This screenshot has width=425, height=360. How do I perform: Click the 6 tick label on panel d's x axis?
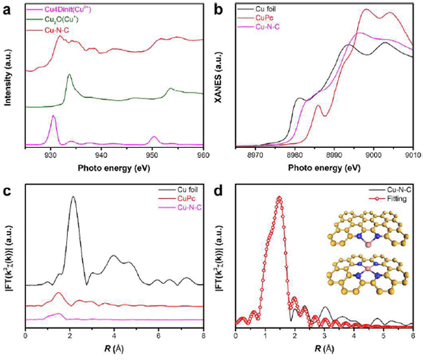point(412,332)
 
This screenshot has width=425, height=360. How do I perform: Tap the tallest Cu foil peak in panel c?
point(73,197)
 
